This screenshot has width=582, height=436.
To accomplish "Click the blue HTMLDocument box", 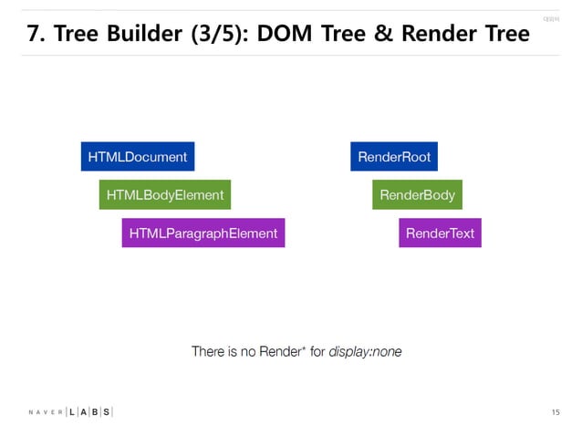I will click(x=138, y=157).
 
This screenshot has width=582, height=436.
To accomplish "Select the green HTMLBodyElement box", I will click(x=164, y=195).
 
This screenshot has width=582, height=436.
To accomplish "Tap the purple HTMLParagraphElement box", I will click(x=203, y=234).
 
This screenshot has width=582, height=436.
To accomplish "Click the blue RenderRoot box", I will click(x=394, y=157).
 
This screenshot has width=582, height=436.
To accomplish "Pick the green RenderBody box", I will click(x=417, y=195).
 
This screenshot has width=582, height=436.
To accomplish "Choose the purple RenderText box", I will click(x=440, y=234).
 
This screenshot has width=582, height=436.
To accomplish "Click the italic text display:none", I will click(x=365, y=352).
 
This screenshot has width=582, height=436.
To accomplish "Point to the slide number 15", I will click(x=556, y=413).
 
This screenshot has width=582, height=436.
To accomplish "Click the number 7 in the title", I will click(x=33, y=35).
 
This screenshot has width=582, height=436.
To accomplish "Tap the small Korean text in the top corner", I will click(x=549, y=18).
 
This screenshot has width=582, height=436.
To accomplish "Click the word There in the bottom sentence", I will click(x=208, y=352).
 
